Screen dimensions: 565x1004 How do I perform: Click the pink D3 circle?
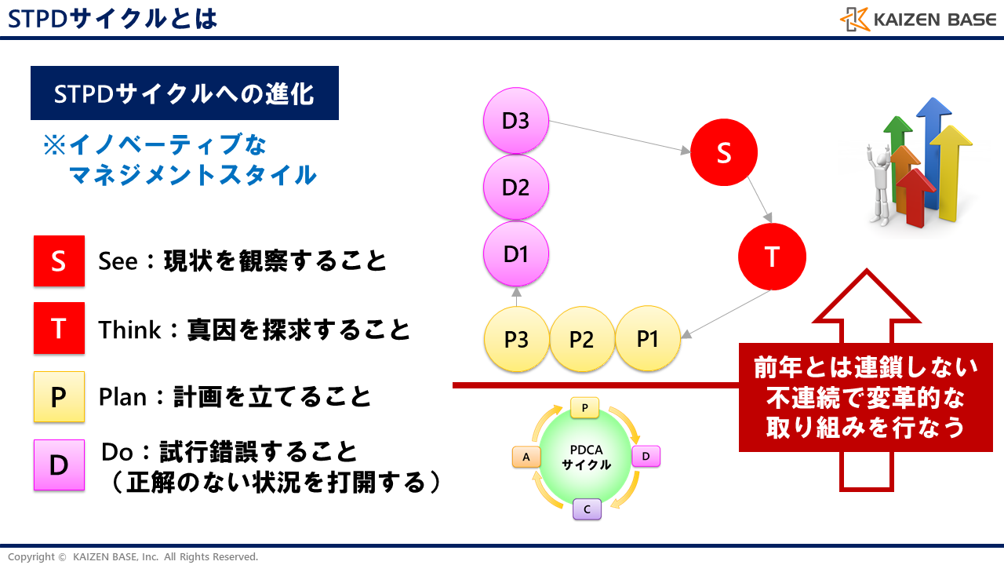pos(516,122)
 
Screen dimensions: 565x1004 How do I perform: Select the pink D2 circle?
pos(516,188)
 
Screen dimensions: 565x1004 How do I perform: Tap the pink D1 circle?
pos(516,253)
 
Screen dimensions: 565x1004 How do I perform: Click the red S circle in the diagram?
pos(724,154)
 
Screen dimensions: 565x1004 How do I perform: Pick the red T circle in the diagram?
pos(772,257)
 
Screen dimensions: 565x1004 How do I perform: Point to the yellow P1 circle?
pos(647,340)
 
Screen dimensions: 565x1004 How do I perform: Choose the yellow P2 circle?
pos(581,340)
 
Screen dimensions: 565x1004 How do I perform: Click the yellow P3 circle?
pos(516,340)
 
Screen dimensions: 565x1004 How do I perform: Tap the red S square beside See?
pos(59,261)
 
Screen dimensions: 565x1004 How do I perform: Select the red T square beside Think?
pos(59,328)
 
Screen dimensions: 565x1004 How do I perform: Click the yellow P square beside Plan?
pos(59,397)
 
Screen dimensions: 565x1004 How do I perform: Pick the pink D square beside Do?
pos(59,465)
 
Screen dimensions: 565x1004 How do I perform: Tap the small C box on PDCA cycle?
pos(587,509)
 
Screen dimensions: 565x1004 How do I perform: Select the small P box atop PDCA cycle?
pos(585,408)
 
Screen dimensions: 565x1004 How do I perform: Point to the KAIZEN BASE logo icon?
pos(854,20)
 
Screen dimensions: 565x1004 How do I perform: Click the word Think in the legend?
pos(129,330)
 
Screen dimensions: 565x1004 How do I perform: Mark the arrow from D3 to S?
pos(620,137)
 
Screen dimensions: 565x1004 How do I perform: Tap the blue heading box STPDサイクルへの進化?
pos(184,93)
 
